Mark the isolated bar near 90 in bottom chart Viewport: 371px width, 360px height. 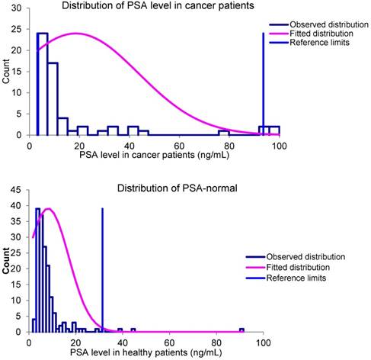[x=241, y=330]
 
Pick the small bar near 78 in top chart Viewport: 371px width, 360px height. [x=225, y=133]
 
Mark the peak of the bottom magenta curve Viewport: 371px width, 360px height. [x=49, y=208]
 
